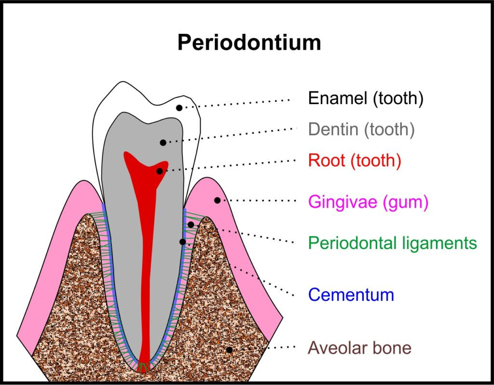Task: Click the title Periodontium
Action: tap(249, 43)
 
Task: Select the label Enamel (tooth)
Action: tap(366, 99)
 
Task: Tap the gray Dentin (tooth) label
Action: tap(361, 129)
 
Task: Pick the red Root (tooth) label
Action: tap(355, 160)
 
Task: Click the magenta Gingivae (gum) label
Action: tap(368, 202)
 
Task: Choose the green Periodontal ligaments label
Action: tap(392, 243)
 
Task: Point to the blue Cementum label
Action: tap(351, 294)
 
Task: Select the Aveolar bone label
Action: tap(359, 347)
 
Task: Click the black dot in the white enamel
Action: tap(179, 108)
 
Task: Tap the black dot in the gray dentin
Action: tap(163, 142)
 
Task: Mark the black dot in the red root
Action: tap(160, 171)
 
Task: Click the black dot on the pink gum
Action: tap(217, 200)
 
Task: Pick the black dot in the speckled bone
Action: tap(230, 350)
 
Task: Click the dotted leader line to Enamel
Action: tap(241, 103)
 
